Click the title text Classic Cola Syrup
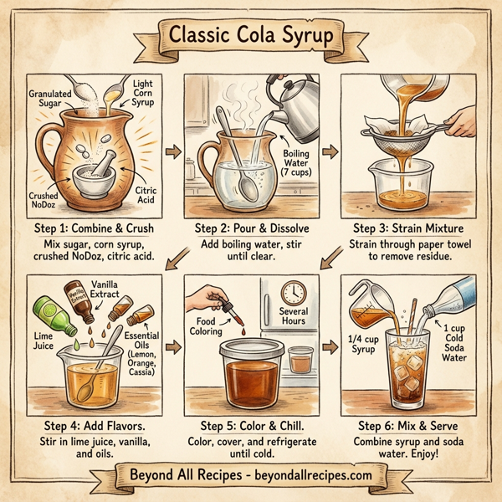(x=250, y=37)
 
